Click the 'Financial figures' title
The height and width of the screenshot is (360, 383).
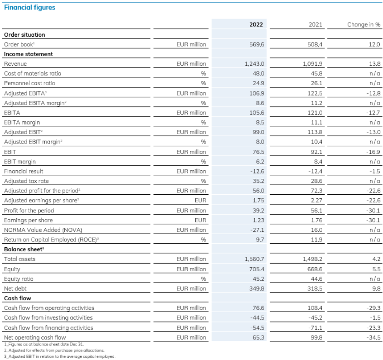tap(29, 7)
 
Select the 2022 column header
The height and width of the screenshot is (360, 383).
tap(256, 24)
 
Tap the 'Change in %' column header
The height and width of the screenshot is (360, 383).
tap(364, 24)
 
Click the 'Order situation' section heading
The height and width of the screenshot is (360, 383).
tap(24, 35)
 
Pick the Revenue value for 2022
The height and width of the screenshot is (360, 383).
tap(255, 64)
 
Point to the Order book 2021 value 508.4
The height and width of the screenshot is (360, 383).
tap(315, 44)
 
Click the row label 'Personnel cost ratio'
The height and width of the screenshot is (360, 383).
tap(29, 83)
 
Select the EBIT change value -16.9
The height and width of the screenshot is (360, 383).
tap(373, 152)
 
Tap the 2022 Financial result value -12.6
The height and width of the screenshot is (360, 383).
tap(257, 171)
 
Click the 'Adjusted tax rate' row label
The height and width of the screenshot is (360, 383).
tap(26, 181)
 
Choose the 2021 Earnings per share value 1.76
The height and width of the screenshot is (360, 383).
tap(317, 220)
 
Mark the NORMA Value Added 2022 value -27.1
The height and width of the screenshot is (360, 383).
tap(257, 230)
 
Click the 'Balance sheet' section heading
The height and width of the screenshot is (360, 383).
tap(24, 249)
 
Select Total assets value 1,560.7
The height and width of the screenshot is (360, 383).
tap(255, 259)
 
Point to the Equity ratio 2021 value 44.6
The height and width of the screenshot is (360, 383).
tap(316, 279)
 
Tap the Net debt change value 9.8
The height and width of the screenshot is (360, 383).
tap(376, 288)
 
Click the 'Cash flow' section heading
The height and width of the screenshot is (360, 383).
tap(18, 298)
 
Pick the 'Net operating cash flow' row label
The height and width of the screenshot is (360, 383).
tap(35, 337)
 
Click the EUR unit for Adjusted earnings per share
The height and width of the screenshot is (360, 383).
tap(200, 201)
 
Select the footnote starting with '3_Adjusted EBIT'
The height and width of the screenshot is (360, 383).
tap(59, 356)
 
